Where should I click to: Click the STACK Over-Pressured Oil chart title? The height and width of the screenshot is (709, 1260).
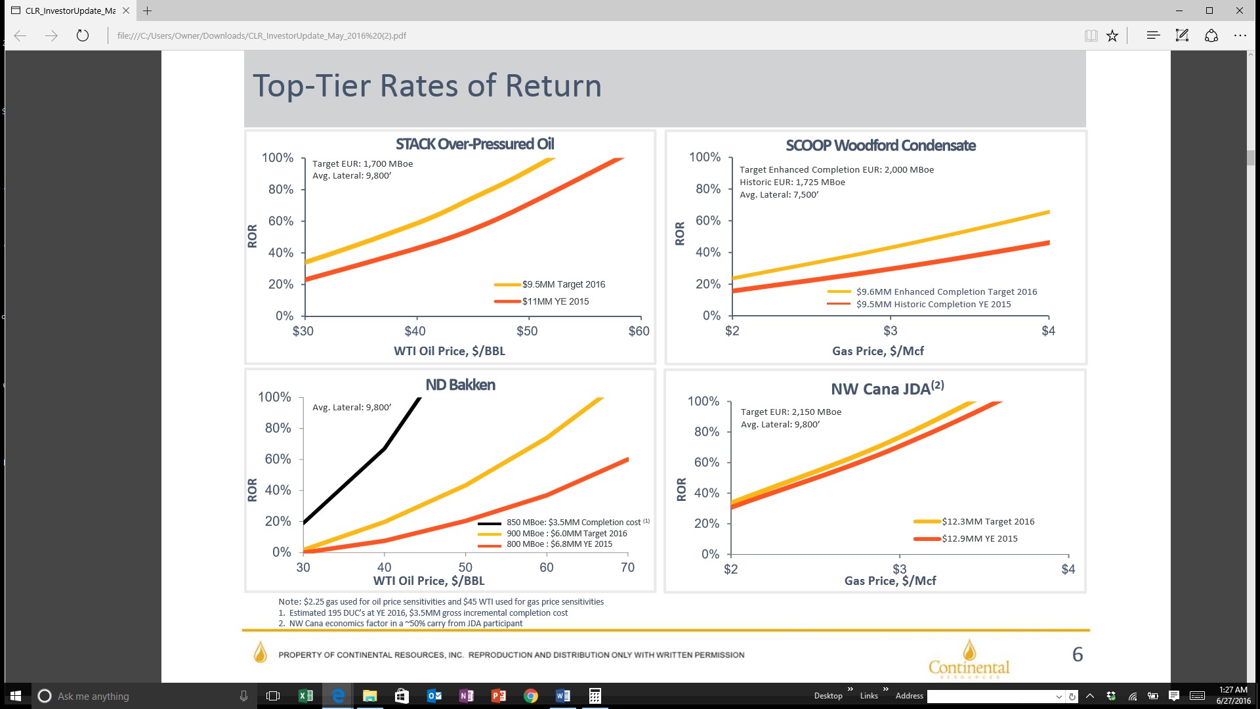click(x=474, y=144)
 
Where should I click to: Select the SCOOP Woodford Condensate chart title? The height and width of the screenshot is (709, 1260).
click(x=881, y=146)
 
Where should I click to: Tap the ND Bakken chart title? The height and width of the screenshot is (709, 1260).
click(x=460, y=385)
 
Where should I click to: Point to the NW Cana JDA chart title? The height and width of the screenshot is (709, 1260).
click(x=887, y=389)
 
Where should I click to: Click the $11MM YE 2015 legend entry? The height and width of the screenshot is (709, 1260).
click(x=541, y=301)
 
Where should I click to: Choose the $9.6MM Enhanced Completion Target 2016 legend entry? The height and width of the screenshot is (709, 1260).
click(x=932, y=291)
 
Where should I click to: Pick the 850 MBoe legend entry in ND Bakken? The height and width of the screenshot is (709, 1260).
click(x=563, y=523)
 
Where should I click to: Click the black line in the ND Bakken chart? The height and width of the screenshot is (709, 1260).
click(x=384, y=449)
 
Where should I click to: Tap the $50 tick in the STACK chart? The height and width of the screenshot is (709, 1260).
click(x=527, y=331)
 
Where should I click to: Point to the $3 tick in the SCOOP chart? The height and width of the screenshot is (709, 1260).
click(x=891, y=331)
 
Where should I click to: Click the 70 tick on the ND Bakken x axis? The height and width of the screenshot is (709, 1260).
click(x=627, y=567)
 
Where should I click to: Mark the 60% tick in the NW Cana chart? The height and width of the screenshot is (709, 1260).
click(x=707, y=462)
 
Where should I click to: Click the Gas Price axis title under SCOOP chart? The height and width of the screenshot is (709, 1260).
click(x=878, y=351)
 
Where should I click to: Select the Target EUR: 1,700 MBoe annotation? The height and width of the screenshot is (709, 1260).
click(x=363, y=164)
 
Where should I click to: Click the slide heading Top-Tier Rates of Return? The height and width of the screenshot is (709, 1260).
click(x=427, y=86)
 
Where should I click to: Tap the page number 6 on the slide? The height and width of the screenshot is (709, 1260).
click(x=1078, y=655)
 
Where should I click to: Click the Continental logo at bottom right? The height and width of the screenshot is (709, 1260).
click(x=969, y=659)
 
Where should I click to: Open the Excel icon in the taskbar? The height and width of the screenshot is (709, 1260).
click(x=306, y=696)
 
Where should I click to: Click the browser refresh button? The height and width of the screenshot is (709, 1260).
click(x=83, y=35)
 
